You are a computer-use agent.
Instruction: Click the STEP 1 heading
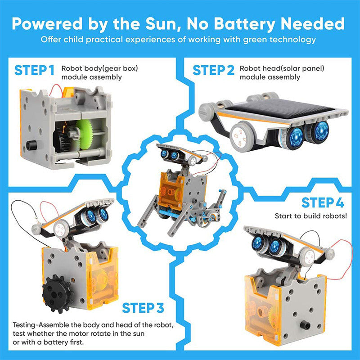[x=35, y=71]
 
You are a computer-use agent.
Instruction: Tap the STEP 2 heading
[x=213, y=71]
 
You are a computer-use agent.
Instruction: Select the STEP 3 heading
[x=143, y=308]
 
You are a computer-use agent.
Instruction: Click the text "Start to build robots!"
[x=311, y=216]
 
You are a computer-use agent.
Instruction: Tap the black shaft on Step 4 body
[x=306, y=324]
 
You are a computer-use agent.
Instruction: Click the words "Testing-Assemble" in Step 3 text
[x=40, y=324]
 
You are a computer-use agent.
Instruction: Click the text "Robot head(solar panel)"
[x=282, y=69]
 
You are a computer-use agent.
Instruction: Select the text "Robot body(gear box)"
[x=99, y=69]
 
